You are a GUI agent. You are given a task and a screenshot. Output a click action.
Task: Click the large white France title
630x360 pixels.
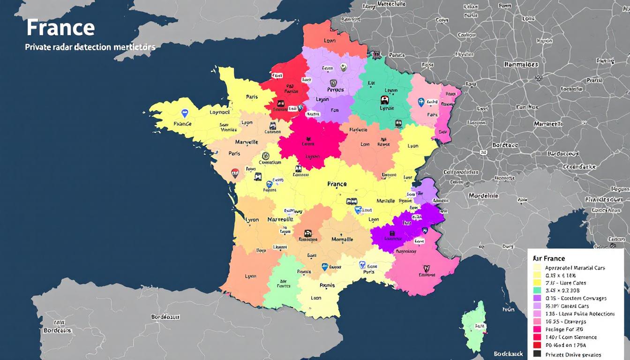60,28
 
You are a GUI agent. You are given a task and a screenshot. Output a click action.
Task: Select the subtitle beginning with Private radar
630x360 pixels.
90,47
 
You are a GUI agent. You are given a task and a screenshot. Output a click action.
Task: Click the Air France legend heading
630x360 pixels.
549,258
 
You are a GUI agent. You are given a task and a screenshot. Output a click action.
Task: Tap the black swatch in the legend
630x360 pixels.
537,354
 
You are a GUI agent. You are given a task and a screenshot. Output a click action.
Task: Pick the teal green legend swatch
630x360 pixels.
537,291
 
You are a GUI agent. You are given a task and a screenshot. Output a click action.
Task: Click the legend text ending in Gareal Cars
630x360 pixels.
567,306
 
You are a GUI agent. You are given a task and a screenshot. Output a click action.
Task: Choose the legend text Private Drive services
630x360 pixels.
573,354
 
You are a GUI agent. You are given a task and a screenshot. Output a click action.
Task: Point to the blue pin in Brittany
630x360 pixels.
185,113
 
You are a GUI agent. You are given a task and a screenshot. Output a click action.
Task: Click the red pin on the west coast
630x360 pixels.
235,173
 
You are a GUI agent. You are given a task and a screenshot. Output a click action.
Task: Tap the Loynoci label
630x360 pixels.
219,112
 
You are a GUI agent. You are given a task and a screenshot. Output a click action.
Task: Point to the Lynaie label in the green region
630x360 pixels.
387,108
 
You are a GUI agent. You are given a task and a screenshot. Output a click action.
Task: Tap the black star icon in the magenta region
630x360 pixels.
309,139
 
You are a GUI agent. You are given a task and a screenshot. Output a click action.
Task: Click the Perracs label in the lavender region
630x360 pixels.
335,90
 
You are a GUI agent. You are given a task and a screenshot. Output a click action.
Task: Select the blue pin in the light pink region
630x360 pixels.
420,102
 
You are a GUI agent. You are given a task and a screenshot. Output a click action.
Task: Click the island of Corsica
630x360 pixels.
472,323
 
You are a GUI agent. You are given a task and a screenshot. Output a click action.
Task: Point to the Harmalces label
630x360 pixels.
521,64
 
